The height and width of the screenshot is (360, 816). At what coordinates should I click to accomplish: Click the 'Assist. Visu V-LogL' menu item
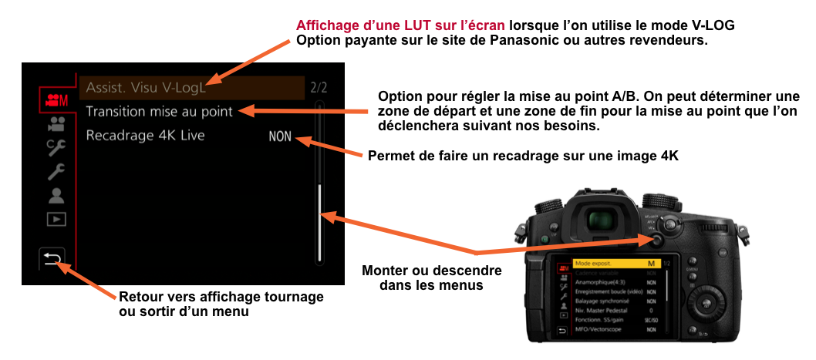(147, 88)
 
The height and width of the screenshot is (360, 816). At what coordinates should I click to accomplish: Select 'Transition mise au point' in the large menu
(159, 112)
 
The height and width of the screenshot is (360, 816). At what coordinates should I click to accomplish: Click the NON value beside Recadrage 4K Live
(280, 137)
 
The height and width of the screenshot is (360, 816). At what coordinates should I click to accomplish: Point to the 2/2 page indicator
(318, 88)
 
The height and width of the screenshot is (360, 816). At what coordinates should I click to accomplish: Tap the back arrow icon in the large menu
(52, 260)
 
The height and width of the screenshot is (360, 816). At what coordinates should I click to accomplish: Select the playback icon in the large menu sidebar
(55, 219)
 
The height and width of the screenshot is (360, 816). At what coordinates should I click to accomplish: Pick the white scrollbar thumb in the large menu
(319, 224)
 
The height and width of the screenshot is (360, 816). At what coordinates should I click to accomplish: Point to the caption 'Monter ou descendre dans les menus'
(431, 278)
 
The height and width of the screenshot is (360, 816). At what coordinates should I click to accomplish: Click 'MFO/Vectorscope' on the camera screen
(599, 330)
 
